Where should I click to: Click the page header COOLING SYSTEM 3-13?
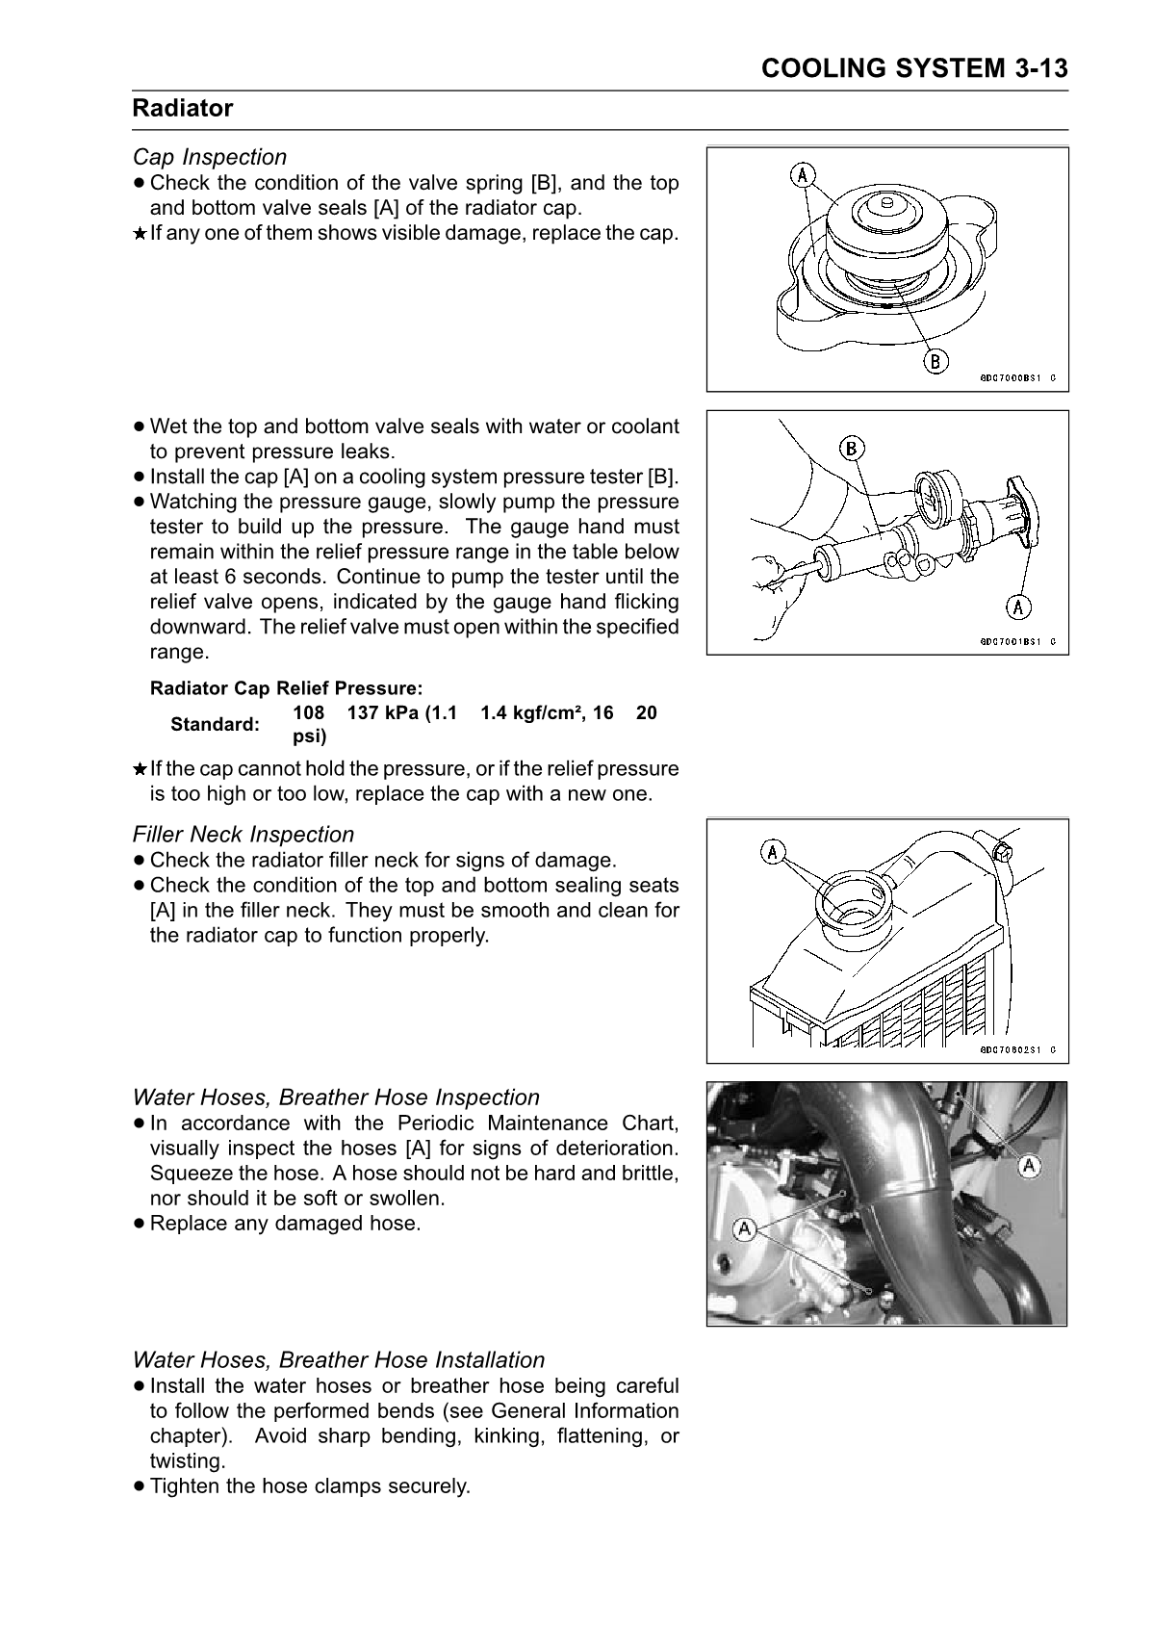(x=913, y=68)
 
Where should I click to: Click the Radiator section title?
(x=183, y=109)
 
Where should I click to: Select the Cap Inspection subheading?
(x=210, y=157)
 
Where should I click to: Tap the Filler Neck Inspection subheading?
(x=243, y=835)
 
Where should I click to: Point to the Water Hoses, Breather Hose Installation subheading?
(x=339, y=1360)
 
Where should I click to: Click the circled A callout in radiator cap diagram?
(x=803, y=175)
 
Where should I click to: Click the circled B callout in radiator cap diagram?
(x=934, y=362)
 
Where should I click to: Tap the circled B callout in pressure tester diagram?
(x=852, y=448)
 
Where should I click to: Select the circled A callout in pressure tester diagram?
(x=1018, y=607)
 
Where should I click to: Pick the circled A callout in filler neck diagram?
(x=774, y=851)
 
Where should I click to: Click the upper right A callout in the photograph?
(x=1030, y=1167)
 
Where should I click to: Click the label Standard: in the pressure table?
(x=215, y=725)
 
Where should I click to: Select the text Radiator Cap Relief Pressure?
(x=286, y=689)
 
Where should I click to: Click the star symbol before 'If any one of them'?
(x=140, y=234)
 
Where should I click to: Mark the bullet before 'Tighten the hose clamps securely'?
(x=140, y=1486)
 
